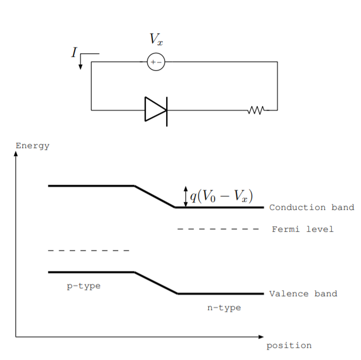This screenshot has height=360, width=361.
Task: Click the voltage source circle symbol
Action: pyautogui.click(x=156, y=62)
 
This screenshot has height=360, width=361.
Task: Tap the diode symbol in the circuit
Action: pyautogui.click(x=156, y=110)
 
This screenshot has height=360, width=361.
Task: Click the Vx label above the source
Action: pyautogui.click(x=155, y=39)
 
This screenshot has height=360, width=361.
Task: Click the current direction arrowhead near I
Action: pyautogui.click(x=80, y=67)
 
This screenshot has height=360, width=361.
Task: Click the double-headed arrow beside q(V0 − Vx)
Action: pyautogui.click(x=185, y=196)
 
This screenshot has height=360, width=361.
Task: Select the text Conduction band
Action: pyautogui.click(x=311, y=207)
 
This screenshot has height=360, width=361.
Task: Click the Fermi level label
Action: pyautogui.click(x=302, y=229)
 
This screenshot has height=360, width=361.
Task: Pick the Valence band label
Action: pyautogui.click(x=303, y=293)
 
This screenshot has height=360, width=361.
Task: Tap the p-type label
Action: pyautogui.click(x=84, y=286)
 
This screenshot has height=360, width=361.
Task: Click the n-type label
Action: pyautogui.click(x=224, y=308)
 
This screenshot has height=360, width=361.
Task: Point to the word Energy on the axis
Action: pyautogui.click(x=32, y=146)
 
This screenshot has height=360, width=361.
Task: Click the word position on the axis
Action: pyautogui.click(x=289, y=346)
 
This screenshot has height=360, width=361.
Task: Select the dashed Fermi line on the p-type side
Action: pyautogui.click(x=88, y=250)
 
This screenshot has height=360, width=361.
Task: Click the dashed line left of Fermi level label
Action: pyautogui.click(x=218, y=229)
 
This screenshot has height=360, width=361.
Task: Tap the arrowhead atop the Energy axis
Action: pyautogui.click(x=16, y=154)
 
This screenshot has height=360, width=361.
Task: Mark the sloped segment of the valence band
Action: pyautogui.click(x=155, y=283)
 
